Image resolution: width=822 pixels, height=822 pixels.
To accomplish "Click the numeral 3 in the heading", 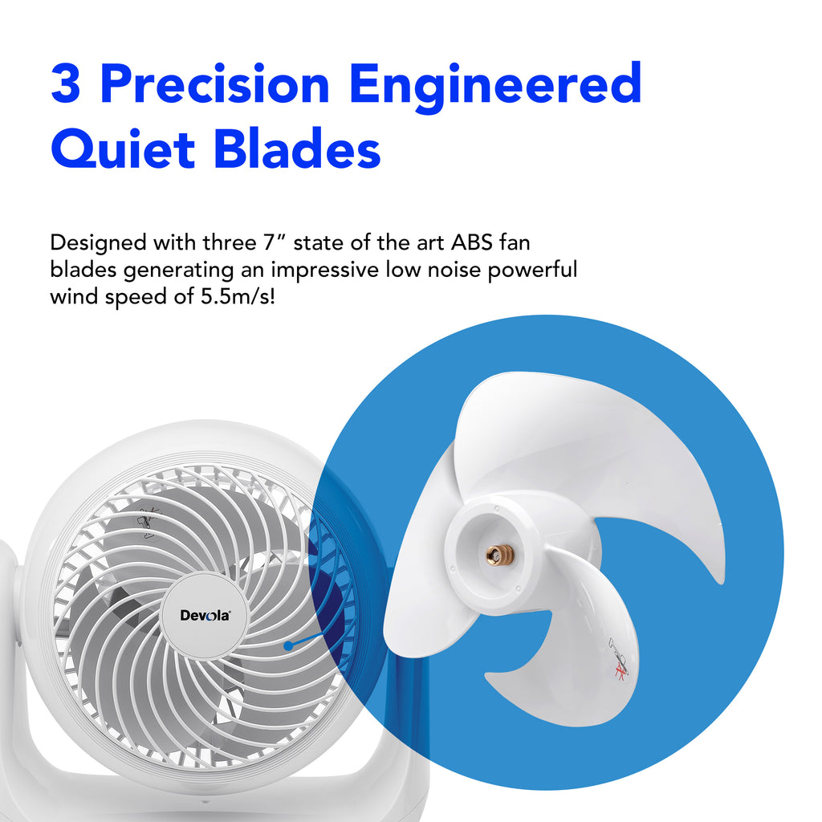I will [x=66, y=83].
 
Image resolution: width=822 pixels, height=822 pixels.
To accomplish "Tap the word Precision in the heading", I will [x=215, y=83].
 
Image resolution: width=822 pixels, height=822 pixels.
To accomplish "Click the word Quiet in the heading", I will [x=122, y=149].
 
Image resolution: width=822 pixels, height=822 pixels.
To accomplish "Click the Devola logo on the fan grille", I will [x=205, y=616].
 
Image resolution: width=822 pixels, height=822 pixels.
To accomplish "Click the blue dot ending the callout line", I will [x=288, y=645].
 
